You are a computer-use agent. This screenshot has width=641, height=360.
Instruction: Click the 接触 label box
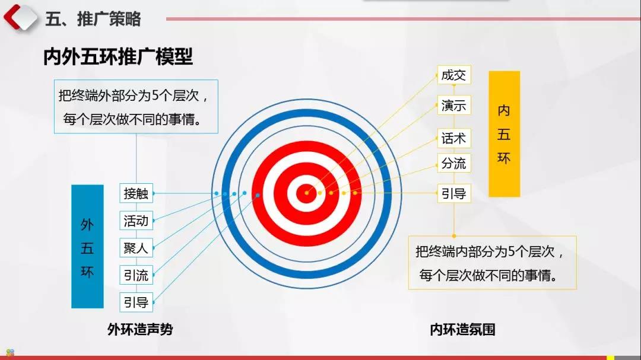[x=136, y=193]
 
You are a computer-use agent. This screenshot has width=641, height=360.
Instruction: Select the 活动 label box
[x=136, y=221]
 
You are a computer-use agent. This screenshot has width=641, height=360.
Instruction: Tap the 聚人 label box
[x=136, y=248]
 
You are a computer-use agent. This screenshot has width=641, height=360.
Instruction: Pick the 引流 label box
[x=136, y=275]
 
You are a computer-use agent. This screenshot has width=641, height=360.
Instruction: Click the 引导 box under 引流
[x=136, y=302]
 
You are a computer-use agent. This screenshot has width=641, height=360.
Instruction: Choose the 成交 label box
[x=454, y=75]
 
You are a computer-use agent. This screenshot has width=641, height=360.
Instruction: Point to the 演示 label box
[x=454, y=105]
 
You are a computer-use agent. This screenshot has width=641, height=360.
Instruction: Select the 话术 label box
[x=454, y=138]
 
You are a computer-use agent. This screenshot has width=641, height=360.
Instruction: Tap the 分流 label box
[x=454, y=163]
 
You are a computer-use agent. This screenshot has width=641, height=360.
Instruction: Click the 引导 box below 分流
[x=454, y=193]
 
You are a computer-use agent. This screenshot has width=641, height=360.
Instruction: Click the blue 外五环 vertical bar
[x=87, y=246]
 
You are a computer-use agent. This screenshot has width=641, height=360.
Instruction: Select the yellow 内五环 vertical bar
[x=504, y=134]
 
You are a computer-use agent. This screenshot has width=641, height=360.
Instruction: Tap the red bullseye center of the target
[x=306, y=193]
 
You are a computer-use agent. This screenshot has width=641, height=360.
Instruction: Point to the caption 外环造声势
[x=140, y=329]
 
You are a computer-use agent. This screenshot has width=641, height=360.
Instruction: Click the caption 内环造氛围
[x=463, y=329]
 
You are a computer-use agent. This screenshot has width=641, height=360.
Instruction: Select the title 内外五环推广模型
[x=118, y=56]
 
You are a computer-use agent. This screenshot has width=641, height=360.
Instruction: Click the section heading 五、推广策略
[x=93, y=19]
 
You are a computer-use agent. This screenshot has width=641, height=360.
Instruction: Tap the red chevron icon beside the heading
[x=20, y=17]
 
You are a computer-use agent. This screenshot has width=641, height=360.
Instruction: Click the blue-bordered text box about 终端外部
[x=136, y=107]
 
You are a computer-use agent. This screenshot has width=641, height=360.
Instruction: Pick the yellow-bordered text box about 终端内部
[x=493, y=263]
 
